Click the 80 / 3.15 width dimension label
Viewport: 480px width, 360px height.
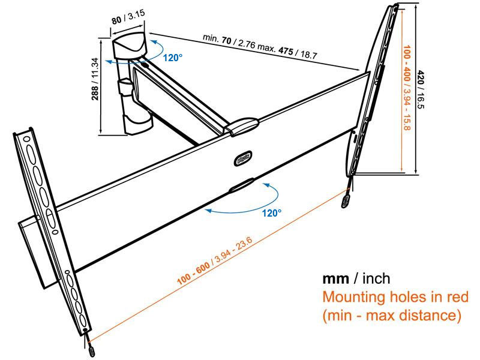(x=128, y=17)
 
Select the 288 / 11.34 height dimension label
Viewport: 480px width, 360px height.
(x=95, y=79)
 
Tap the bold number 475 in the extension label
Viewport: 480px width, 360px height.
(x=286, y=51)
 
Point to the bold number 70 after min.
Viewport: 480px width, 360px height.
(x=227, y=40)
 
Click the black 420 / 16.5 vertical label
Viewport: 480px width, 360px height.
(x=421, y=89)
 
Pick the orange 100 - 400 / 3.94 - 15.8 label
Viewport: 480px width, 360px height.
(x=407, y=88)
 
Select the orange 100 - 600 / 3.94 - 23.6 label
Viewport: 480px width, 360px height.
(x=215, y=261)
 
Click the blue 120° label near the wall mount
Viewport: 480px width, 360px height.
(x=172, y=58)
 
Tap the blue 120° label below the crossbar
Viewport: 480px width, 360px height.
(x=272, y=213)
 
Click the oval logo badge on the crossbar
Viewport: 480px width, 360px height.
(x=243, y=158)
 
